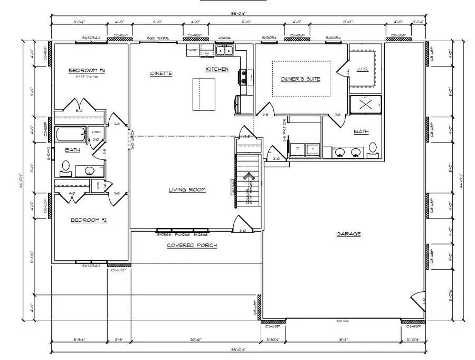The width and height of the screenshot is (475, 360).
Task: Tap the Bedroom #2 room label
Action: (89, 220)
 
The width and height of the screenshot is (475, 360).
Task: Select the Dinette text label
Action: (161, 73)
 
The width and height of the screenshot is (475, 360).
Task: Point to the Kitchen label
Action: (217, 69)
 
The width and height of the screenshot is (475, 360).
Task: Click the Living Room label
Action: (187, 190)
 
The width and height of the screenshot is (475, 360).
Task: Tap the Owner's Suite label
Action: (300, 79)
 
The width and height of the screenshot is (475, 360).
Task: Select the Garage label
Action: (348, 234)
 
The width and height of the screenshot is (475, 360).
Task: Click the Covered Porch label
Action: (192, 245)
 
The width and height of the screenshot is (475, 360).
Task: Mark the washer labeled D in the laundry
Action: (298, 149)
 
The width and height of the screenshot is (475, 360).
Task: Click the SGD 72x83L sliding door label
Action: (157, 39)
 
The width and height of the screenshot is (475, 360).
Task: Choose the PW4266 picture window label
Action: (182, 234)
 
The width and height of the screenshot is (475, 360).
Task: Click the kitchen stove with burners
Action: (243, 78)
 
